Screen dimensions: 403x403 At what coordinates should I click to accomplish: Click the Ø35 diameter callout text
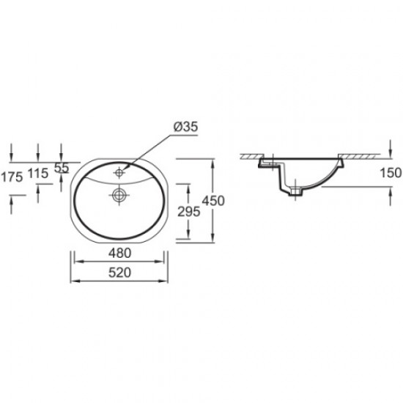(x=187, y=127)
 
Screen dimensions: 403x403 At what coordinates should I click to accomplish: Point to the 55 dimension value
(x=62, y=168)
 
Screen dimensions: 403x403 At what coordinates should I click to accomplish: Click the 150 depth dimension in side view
(x=392, y=173)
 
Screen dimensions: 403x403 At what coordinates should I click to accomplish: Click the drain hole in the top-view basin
(x=118, y=195)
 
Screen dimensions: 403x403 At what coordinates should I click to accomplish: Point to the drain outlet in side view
(x=295, y=193)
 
